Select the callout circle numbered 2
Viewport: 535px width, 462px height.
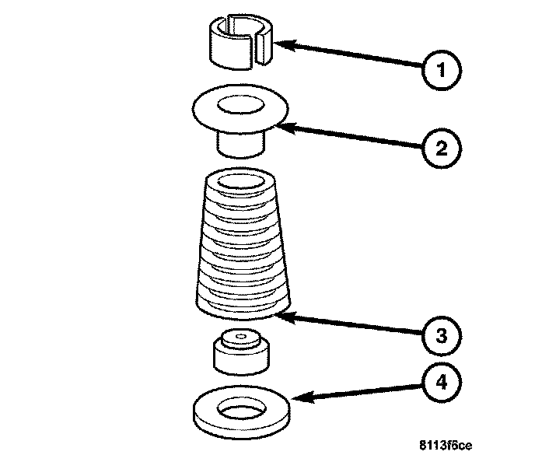pyautogui.click(x=440, y=148)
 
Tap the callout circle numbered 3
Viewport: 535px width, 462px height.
pyautogui.click(x=441, y=336)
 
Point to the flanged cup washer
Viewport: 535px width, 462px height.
pyautogui.click(x=239, y=117)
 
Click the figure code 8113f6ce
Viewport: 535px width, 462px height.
pyautogui.click(x=445, y=446)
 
